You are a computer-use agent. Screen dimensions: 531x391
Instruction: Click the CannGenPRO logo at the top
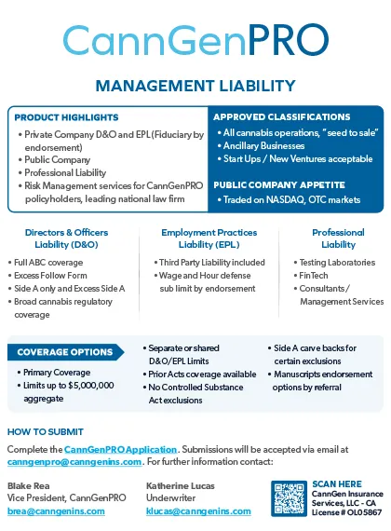pos(195,39)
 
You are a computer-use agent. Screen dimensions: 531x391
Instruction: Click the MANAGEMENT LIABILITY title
pos(195,87)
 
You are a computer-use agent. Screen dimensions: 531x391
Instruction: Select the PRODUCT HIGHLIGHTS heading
pos(67,118)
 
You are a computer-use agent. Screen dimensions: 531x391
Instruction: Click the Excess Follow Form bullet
pos(52,276)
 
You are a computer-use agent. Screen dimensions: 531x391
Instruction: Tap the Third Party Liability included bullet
pos(212,263)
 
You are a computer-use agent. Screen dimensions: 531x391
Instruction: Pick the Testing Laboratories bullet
pos(335,263)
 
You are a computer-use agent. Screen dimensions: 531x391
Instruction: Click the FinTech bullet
pos(317,276)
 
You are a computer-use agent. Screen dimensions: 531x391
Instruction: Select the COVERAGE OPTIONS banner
pos(65,352)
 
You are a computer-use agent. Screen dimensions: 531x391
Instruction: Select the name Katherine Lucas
pos(181,486)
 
